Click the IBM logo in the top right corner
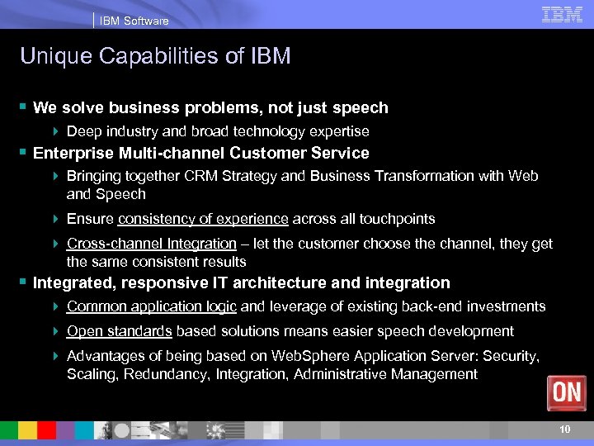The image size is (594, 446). tap(563, 14)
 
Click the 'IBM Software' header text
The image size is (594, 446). tap(134, 21)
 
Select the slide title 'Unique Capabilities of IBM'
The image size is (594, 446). tap(155, 56)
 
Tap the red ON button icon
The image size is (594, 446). tap(567, 392)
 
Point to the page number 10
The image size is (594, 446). tap(564, 429)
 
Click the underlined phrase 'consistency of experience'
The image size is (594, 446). tap(203, 219)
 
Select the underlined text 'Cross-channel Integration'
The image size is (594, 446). tap(152, 244)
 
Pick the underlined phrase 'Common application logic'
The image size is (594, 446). tap(152, 306)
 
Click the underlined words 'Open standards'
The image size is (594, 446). tap(120, 331)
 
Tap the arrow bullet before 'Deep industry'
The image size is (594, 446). tap(55, 132)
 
